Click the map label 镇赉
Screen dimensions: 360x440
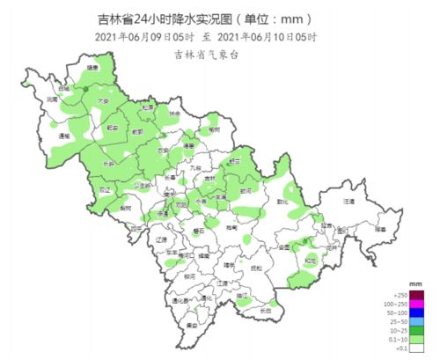(92, 67)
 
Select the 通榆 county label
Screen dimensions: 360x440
(63, 136)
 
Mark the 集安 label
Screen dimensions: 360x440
(190, 324)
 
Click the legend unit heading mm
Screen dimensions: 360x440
(418, 284)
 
